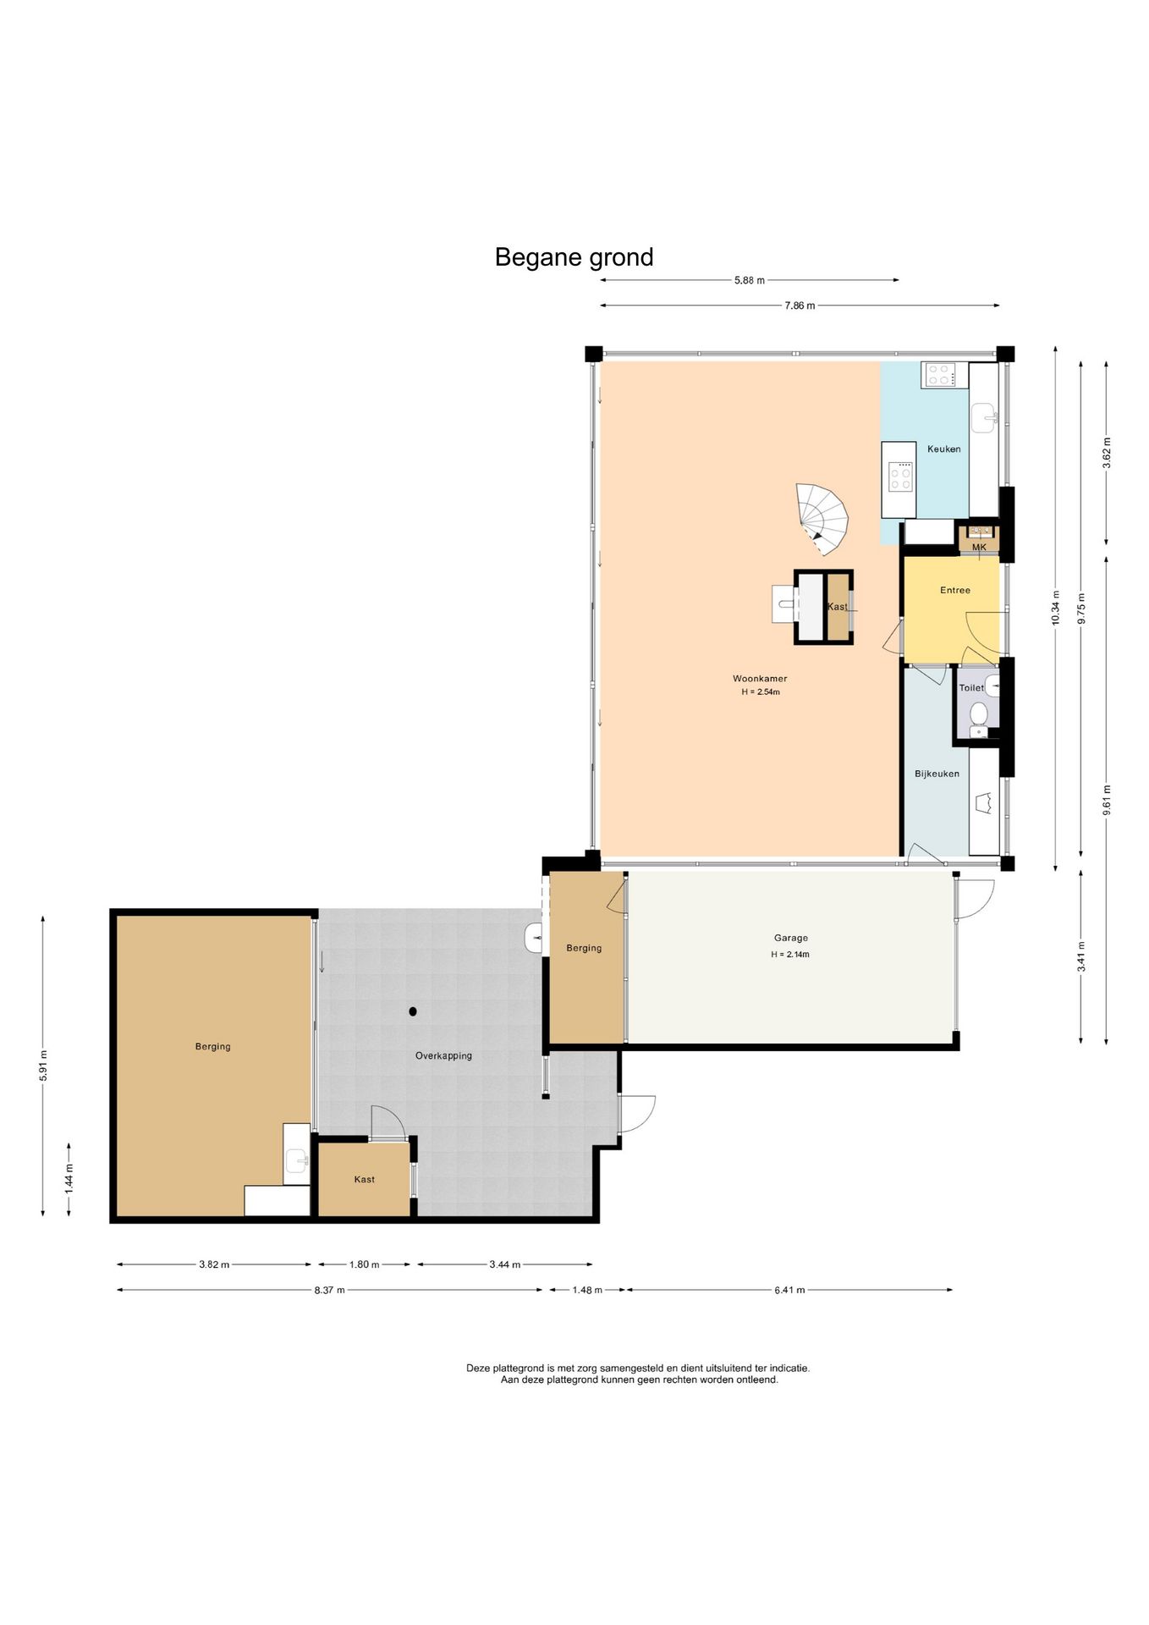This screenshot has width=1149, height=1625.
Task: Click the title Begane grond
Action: (x=574, y=257)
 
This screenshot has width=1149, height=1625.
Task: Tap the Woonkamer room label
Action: (x=760, y=678)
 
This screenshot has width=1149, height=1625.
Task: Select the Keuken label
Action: (x=943, y=449)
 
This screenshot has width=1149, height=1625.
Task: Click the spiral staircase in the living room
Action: (x=822, y=519)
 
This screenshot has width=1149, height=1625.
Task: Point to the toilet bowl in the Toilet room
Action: (x=978, y=714)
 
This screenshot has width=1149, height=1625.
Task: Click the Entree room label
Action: (x=955, y=590)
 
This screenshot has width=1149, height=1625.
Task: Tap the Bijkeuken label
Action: (x=937, y=774)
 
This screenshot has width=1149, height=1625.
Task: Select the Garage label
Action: (x=790, y=938)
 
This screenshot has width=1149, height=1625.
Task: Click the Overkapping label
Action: (x=443, y=1055)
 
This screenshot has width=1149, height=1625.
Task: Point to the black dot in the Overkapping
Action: (x=413, y=1011)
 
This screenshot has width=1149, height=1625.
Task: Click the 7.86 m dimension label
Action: (x=800, y=306)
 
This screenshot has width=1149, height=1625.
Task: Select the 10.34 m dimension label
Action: (x=1055, y=608)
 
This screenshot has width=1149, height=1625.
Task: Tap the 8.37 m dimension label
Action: (x=329, y=1290)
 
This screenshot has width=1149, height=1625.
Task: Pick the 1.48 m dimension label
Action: (x=587, y=1290)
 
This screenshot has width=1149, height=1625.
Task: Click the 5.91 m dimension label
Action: (x=43, y=1066)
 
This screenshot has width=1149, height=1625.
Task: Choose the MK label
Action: (x=979, y=547)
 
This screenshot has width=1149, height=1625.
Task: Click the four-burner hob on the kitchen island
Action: (x=900, y=476)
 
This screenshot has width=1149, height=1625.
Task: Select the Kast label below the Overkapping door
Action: (x=364, y=1179)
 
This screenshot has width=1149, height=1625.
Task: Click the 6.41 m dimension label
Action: (x=789, y=1290)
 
